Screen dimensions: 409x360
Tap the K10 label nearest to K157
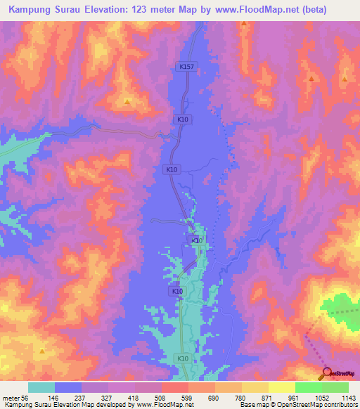click(183, 120)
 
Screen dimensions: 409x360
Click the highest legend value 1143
click(348, 398)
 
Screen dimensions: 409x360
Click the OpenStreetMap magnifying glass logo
click(326, 372)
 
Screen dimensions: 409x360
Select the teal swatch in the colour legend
click(41, 387)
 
